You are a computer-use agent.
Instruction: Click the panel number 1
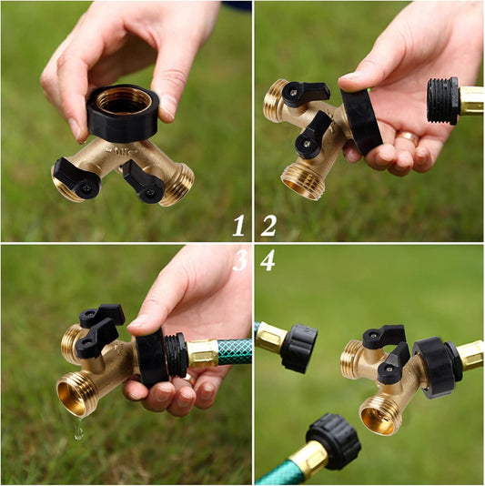coord(238,225)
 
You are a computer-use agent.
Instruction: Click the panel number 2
coord(268,225)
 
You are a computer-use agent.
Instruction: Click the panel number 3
coord(239,261)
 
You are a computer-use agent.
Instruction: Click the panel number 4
coord(268,261)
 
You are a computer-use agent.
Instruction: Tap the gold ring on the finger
coord(408,138)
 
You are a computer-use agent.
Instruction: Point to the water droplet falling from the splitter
coord(79,431)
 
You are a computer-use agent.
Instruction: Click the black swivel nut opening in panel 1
coord(123,100)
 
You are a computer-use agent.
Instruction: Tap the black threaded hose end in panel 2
coord(443,100)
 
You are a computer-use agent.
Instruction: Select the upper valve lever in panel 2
coord(305,92)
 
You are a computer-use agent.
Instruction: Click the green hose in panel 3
coord(235,352)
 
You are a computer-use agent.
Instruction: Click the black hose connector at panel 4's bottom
coord(333,441)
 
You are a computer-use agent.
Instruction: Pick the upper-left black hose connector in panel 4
coord(298,347)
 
